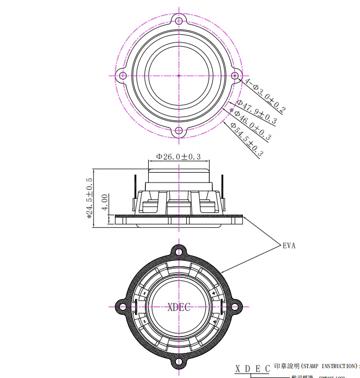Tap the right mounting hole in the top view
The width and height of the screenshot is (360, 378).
(x=235, y=75)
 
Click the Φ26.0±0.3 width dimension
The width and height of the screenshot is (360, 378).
(x=179, y=156)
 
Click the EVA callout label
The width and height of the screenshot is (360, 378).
(x=289, y=246)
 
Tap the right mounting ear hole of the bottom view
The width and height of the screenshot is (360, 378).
(x=237, y=306)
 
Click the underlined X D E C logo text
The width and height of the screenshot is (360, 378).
(x=252, y=369)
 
